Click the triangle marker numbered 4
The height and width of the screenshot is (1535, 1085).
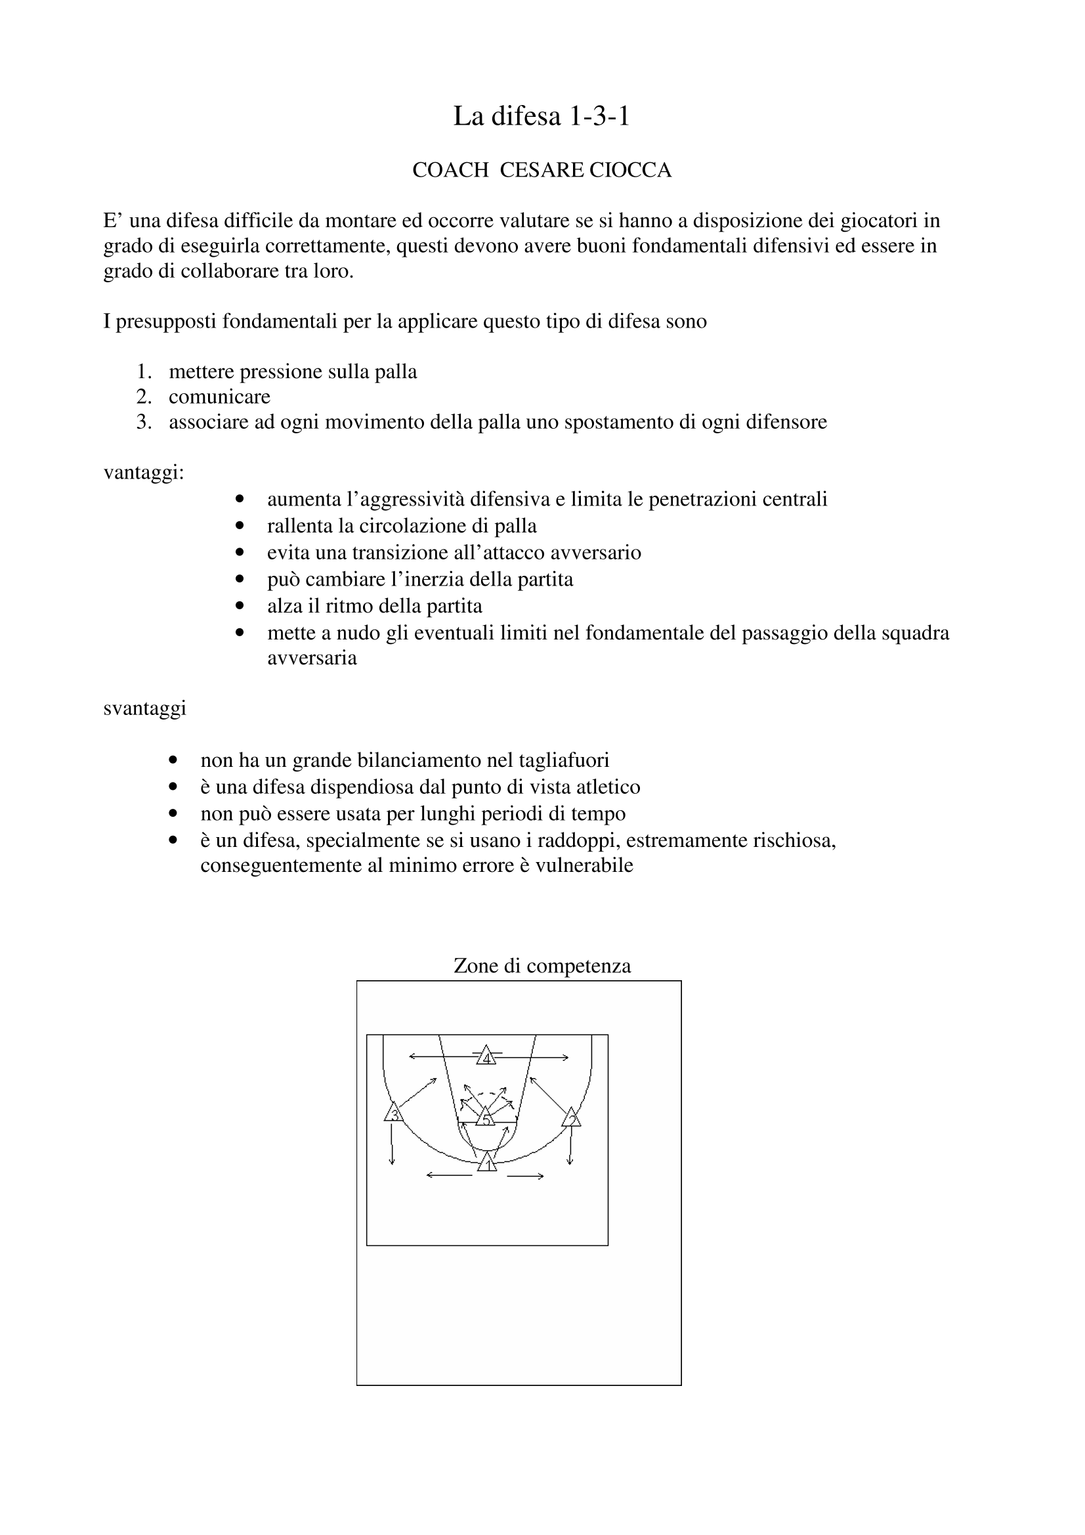[x=486, y=1056]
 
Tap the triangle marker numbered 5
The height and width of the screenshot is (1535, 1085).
[x=486, y=1117]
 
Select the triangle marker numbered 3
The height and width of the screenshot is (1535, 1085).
[x=394, y=1112]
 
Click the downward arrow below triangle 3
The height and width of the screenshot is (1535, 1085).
[x=392, y=1143]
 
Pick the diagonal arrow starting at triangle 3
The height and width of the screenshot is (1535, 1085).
[x=419, y=1092]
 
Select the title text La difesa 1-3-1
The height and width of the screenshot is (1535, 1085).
[x=542, y=116]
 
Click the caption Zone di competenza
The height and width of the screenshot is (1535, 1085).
[x=542, y=965]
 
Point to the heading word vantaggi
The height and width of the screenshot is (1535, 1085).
[x=142, y=473]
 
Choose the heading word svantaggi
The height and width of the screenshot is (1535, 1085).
[x=144, y=708]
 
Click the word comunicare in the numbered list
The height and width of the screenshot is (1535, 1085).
[x=219, y=397]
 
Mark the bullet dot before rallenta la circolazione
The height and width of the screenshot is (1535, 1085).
[x=240, y=526]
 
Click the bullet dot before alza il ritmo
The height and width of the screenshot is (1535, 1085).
[x=240, y=606]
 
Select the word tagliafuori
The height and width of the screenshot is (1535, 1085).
[x=567, y=760]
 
